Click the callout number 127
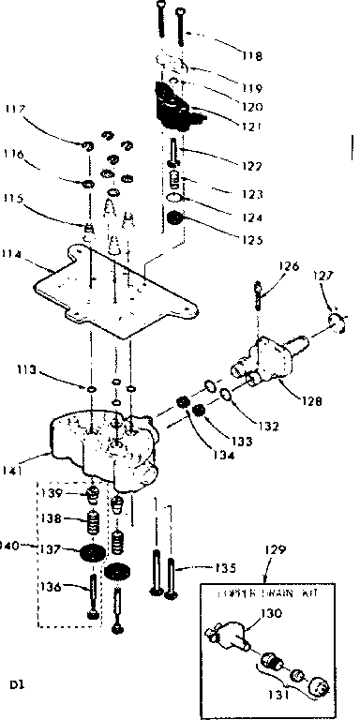[x=322, y=277]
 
